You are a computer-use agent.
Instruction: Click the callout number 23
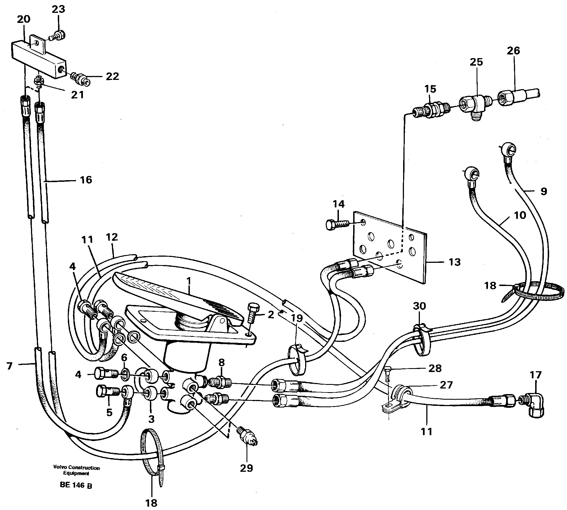click(x=58, y=9)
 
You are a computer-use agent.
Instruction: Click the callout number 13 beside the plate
click(x=454, y=262)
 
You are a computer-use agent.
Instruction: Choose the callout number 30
click(x=419, y=306)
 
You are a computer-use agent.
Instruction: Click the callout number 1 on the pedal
click(x=189, y=280)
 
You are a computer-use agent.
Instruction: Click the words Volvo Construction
click(x=76, y=468)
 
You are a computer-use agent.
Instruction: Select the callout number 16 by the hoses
click(x=86, y=180)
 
